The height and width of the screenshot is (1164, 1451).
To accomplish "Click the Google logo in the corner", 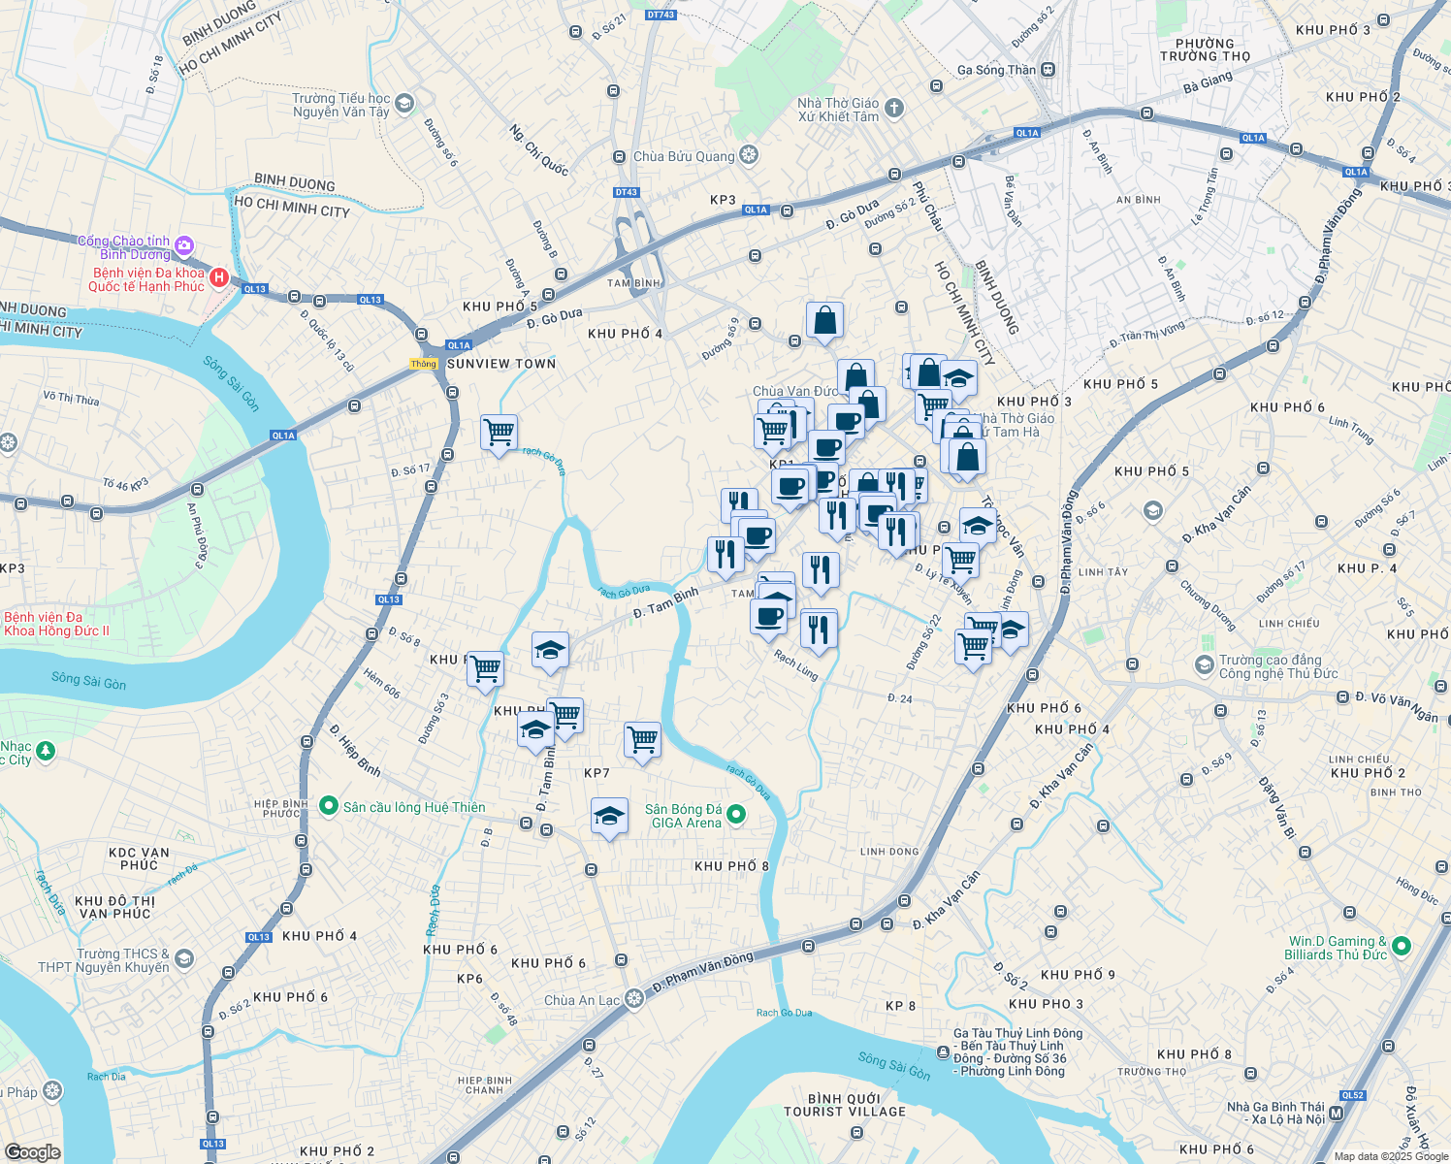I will coord(33,1151).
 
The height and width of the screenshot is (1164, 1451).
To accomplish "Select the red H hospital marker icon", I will coord(218,278).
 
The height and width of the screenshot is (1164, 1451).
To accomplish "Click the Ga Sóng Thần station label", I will coord(996,70).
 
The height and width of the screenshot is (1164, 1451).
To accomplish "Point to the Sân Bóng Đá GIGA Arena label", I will coord(684,816).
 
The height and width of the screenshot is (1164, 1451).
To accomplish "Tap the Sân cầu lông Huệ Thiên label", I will coord(414,807).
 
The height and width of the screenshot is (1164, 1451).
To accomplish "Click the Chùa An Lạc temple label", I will coord(582,1000).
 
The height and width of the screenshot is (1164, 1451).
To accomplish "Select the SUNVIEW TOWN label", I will coord(500,364).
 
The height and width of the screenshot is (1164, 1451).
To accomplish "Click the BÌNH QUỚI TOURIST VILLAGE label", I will coord(845,1105).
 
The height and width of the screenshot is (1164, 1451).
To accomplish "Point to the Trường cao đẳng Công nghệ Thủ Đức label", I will coord(1277,666).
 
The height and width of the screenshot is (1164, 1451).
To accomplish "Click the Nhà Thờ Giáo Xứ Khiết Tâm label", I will coord(838,110).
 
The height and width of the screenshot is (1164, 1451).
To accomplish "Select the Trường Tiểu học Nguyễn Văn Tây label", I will coord(341,105).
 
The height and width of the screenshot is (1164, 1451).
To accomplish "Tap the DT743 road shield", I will coord(660,15).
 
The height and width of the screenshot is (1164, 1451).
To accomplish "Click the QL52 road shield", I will coord(1352,1095).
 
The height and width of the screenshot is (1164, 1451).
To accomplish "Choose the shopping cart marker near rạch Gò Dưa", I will coord(499,432).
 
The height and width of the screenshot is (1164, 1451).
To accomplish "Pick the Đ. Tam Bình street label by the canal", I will coord(665,602).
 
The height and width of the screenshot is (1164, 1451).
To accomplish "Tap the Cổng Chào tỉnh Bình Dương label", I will coord(124,247).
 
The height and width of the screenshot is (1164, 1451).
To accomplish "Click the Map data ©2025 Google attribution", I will coord(1391,1156).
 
